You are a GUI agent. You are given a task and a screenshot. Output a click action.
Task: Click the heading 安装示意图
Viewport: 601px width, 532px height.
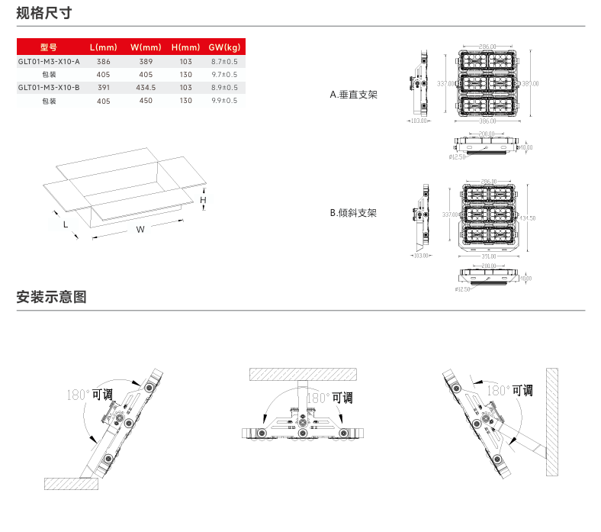click(x=51, y=297)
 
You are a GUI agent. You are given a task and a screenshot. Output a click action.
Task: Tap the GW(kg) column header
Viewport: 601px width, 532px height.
click(x=224, y=47)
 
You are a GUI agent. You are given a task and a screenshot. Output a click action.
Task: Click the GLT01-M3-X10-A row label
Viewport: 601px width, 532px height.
click(x=48, y=60)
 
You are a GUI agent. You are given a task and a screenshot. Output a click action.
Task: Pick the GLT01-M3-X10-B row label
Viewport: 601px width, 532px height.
click(x=48, y=88)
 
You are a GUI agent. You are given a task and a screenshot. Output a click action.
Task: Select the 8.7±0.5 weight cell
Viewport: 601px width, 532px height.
click(x=224, y=60)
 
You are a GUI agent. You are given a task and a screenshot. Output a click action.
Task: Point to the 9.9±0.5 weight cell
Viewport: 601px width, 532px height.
click(x=224, y=101)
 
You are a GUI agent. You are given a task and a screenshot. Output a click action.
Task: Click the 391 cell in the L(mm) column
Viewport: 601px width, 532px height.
click(x=104, y=88)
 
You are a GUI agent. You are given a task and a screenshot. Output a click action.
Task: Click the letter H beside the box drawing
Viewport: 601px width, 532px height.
click(x=203, y=200)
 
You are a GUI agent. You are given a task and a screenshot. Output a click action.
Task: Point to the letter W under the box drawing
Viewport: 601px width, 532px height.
click(x=140, y=230)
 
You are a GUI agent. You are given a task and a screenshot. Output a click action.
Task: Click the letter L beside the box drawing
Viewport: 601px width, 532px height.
click(x=66, y=224)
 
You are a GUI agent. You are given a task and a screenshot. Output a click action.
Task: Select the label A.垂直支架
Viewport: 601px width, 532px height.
click(x=353, y=95)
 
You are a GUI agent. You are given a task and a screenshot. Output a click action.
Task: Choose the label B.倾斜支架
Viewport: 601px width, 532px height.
click(x=353, y=213)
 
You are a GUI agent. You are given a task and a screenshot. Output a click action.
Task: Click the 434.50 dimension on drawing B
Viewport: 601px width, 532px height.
click(x=526, y=218)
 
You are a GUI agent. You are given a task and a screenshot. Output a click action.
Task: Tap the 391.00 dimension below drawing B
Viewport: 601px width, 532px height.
click(x=490, y=256)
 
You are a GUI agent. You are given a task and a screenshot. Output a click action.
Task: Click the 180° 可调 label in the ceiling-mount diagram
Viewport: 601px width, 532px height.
click(x=329, y=398)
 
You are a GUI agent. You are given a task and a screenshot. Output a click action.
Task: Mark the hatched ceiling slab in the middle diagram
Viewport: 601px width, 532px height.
click(x=304, y=374)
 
